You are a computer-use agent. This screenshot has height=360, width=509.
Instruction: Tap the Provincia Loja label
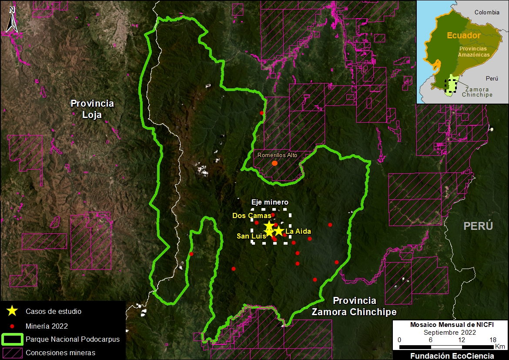[92, 109]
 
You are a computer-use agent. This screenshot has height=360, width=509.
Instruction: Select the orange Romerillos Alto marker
[275, 163]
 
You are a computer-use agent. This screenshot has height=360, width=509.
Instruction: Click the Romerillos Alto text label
[274, 155]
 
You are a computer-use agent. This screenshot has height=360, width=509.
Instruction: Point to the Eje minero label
[270, 202]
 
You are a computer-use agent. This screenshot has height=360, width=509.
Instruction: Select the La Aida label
[298, 231]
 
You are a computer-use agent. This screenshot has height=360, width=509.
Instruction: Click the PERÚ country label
[478, 226]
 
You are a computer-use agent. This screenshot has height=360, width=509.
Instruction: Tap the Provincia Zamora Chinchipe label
[354, 306]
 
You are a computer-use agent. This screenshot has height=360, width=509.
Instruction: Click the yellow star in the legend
[12, 311]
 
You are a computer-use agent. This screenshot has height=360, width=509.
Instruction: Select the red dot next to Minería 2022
[12, 326]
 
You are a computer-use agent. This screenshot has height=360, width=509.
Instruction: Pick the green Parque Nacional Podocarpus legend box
[12, 339]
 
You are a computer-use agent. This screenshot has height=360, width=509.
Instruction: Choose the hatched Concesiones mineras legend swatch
[12, 352]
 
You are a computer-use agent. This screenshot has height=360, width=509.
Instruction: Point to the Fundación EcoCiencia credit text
[452, 356]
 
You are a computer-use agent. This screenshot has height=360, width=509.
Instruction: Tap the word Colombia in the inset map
[487, 13]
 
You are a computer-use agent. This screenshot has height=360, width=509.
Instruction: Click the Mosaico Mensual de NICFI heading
[452, 325]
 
